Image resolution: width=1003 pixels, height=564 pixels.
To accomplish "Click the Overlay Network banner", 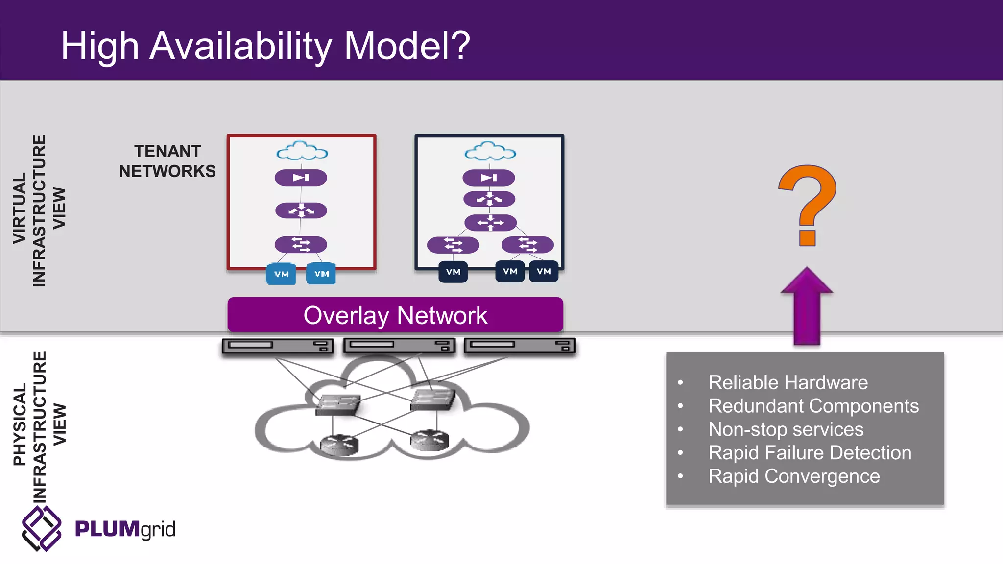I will click(x=395, y=315).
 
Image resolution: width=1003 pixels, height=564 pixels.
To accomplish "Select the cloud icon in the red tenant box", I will click(x=302, y=151).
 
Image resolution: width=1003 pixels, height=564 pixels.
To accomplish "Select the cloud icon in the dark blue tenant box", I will click(x=490, y=151).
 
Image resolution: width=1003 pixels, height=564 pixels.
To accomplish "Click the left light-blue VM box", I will click(x=281, y=274).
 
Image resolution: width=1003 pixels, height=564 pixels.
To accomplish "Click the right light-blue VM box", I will click(x=321, y=274).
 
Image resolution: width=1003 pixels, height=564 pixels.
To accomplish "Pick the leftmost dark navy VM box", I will click(x=453, y=272).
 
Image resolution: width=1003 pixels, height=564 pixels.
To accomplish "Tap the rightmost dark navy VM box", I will click(x=544, y=271).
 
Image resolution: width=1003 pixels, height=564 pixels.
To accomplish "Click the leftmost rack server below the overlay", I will click(x=278, y=346).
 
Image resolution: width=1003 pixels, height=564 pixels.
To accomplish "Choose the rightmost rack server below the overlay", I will click(x=520, y=346).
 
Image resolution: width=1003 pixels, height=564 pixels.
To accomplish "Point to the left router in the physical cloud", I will click(x=339, y=444).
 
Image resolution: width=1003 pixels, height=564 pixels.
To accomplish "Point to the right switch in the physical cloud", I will click(x=432, y=399).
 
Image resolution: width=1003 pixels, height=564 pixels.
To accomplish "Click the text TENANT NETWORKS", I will click(x=167, y=161).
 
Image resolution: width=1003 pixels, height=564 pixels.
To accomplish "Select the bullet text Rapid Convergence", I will click(x=794, y=476).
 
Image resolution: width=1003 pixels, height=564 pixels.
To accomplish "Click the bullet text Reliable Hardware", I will click(x=788, y=382).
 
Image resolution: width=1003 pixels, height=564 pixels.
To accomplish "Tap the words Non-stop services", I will click(x=786, y=429).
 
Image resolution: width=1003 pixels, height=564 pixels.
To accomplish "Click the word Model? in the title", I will click(x=407, y=46).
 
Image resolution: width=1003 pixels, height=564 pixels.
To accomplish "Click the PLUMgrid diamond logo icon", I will click(x=42, y=528).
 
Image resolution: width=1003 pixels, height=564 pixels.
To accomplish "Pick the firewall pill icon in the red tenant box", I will click(x=301, y=178).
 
